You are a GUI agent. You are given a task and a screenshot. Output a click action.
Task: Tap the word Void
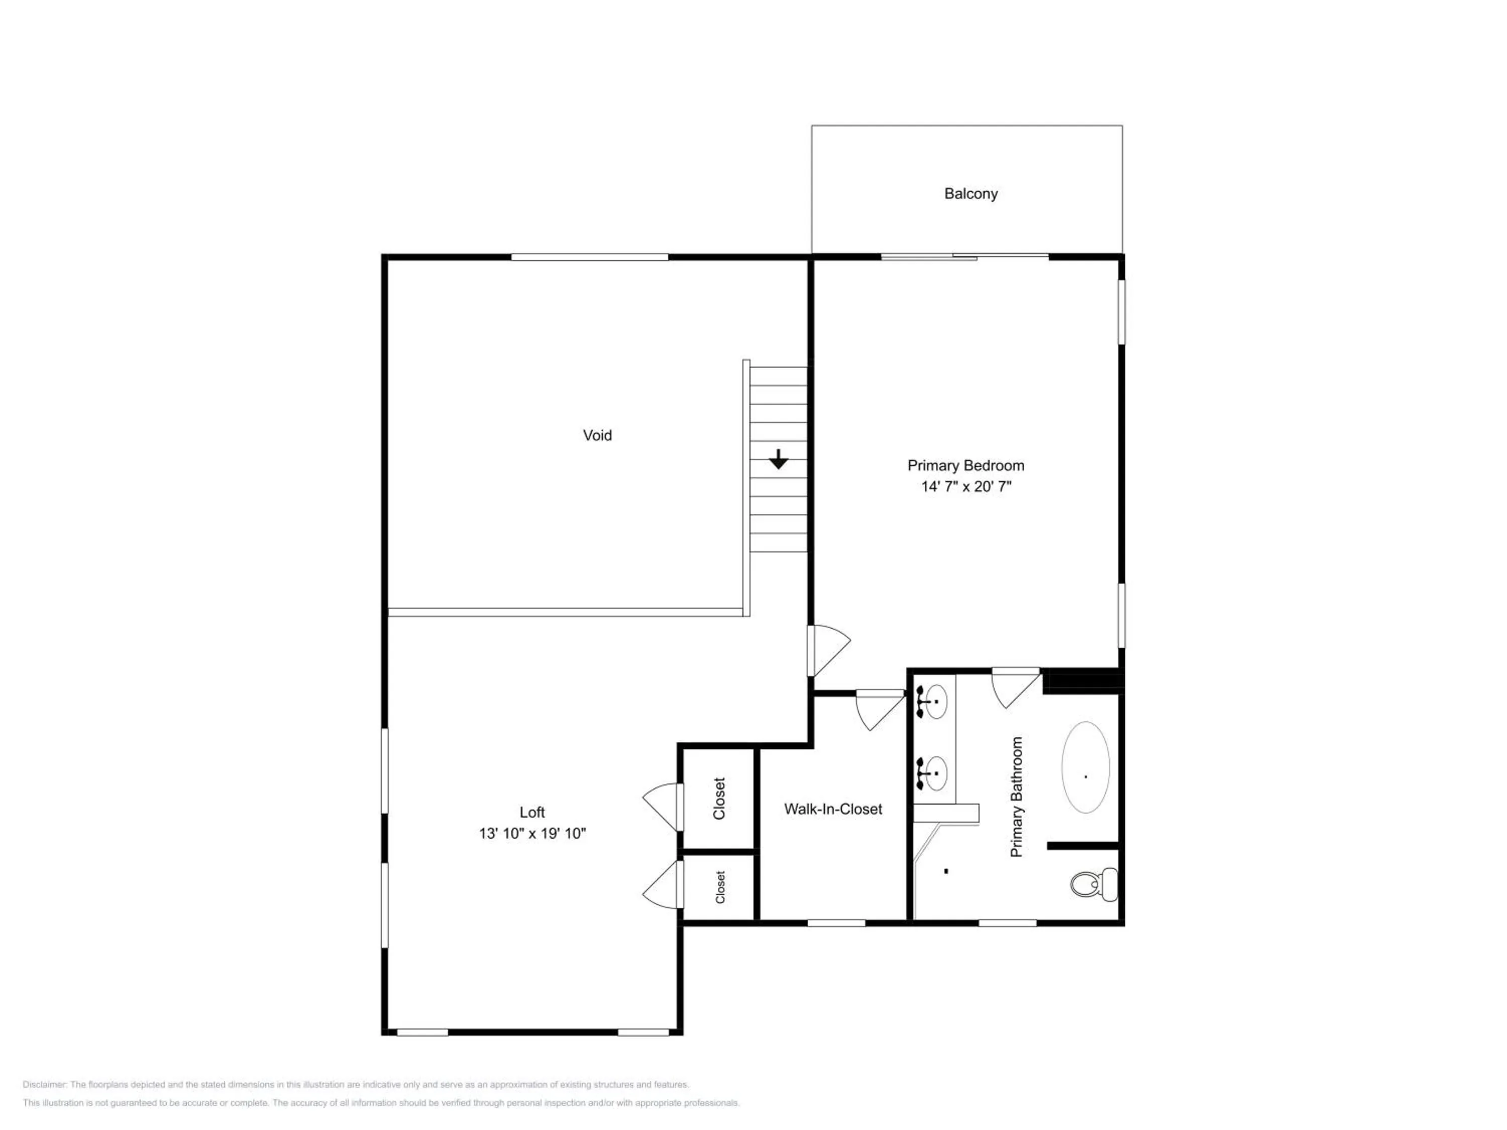597,435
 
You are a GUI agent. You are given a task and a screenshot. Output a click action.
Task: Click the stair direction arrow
779,459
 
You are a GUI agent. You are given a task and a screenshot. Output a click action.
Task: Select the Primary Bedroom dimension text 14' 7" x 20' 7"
966,486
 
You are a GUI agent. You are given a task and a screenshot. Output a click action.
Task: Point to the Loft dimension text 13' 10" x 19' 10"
532,833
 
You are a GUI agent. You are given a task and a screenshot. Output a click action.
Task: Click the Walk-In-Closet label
833,809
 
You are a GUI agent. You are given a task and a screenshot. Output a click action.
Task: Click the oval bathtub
1086,767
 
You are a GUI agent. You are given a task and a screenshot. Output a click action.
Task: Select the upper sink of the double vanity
934,702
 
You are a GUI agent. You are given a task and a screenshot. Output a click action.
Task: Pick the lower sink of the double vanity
934,773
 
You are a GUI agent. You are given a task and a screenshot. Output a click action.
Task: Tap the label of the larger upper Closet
719,799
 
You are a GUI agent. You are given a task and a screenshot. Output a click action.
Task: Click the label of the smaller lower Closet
720,887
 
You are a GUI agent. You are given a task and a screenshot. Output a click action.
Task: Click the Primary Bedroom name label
966,466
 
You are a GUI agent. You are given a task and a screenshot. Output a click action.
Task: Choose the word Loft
532,812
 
